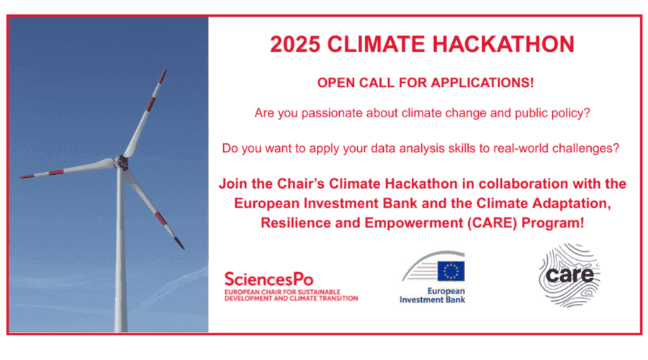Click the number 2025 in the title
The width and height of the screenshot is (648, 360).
[x=295, y=44]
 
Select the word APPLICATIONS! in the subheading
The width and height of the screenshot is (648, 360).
[x=482, y=83]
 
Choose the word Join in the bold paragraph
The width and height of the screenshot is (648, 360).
[x=233, y=184]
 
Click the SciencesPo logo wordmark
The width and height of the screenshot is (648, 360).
[x=269, y=279]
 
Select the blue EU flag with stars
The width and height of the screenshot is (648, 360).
[x=451, y=271]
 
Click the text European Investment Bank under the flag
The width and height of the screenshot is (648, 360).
[x=432, y=295]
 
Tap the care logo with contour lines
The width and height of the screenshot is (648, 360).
[x=570, y=275]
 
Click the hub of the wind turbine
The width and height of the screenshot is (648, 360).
[x=122, y=162]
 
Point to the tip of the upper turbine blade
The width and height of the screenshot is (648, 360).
[x=165, y=69]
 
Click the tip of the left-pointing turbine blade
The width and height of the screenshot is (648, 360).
[x=20, y=178]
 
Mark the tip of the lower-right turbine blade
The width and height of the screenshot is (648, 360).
[x=184, y=248]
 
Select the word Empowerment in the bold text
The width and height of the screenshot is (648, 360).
[x=414, y=222]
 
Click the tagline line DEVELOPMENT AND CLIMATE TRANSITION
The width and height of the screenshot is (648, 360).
[x=292, y=298]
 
